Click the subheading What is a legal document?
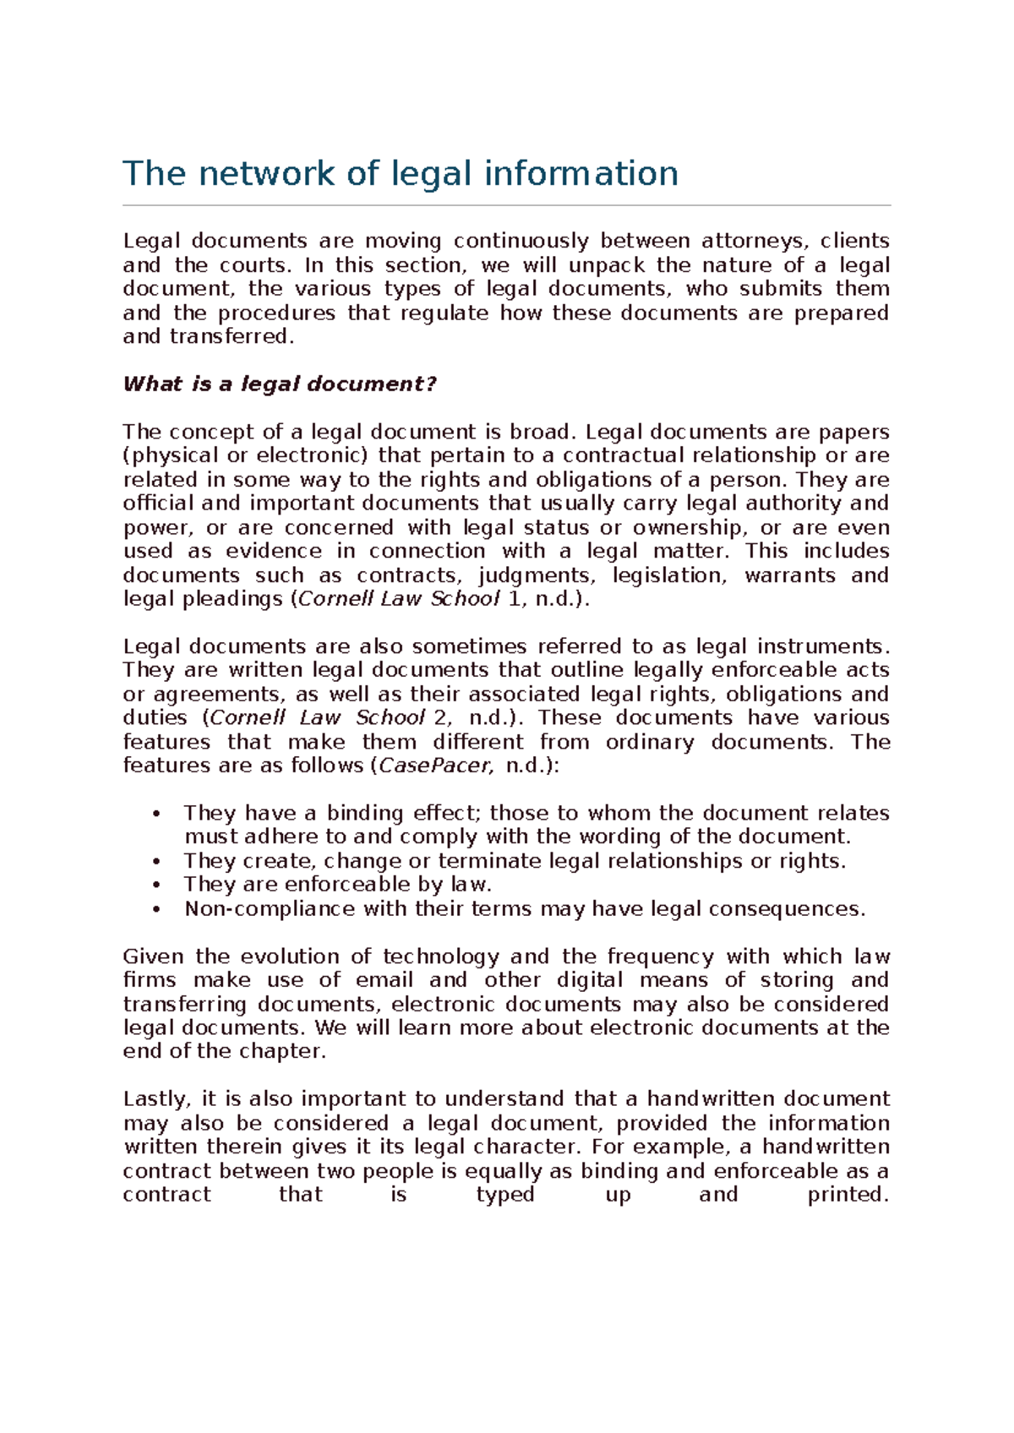pos(279,384)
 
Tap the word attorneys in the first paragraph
pos(754,241)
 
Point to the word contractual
pos(623,456)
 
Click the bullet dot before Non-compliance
pos(156,910)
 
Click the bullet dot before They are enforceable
pos(156,885)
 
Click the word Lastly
pos(157,1100)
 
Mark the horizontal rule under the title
pos(506,205)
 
